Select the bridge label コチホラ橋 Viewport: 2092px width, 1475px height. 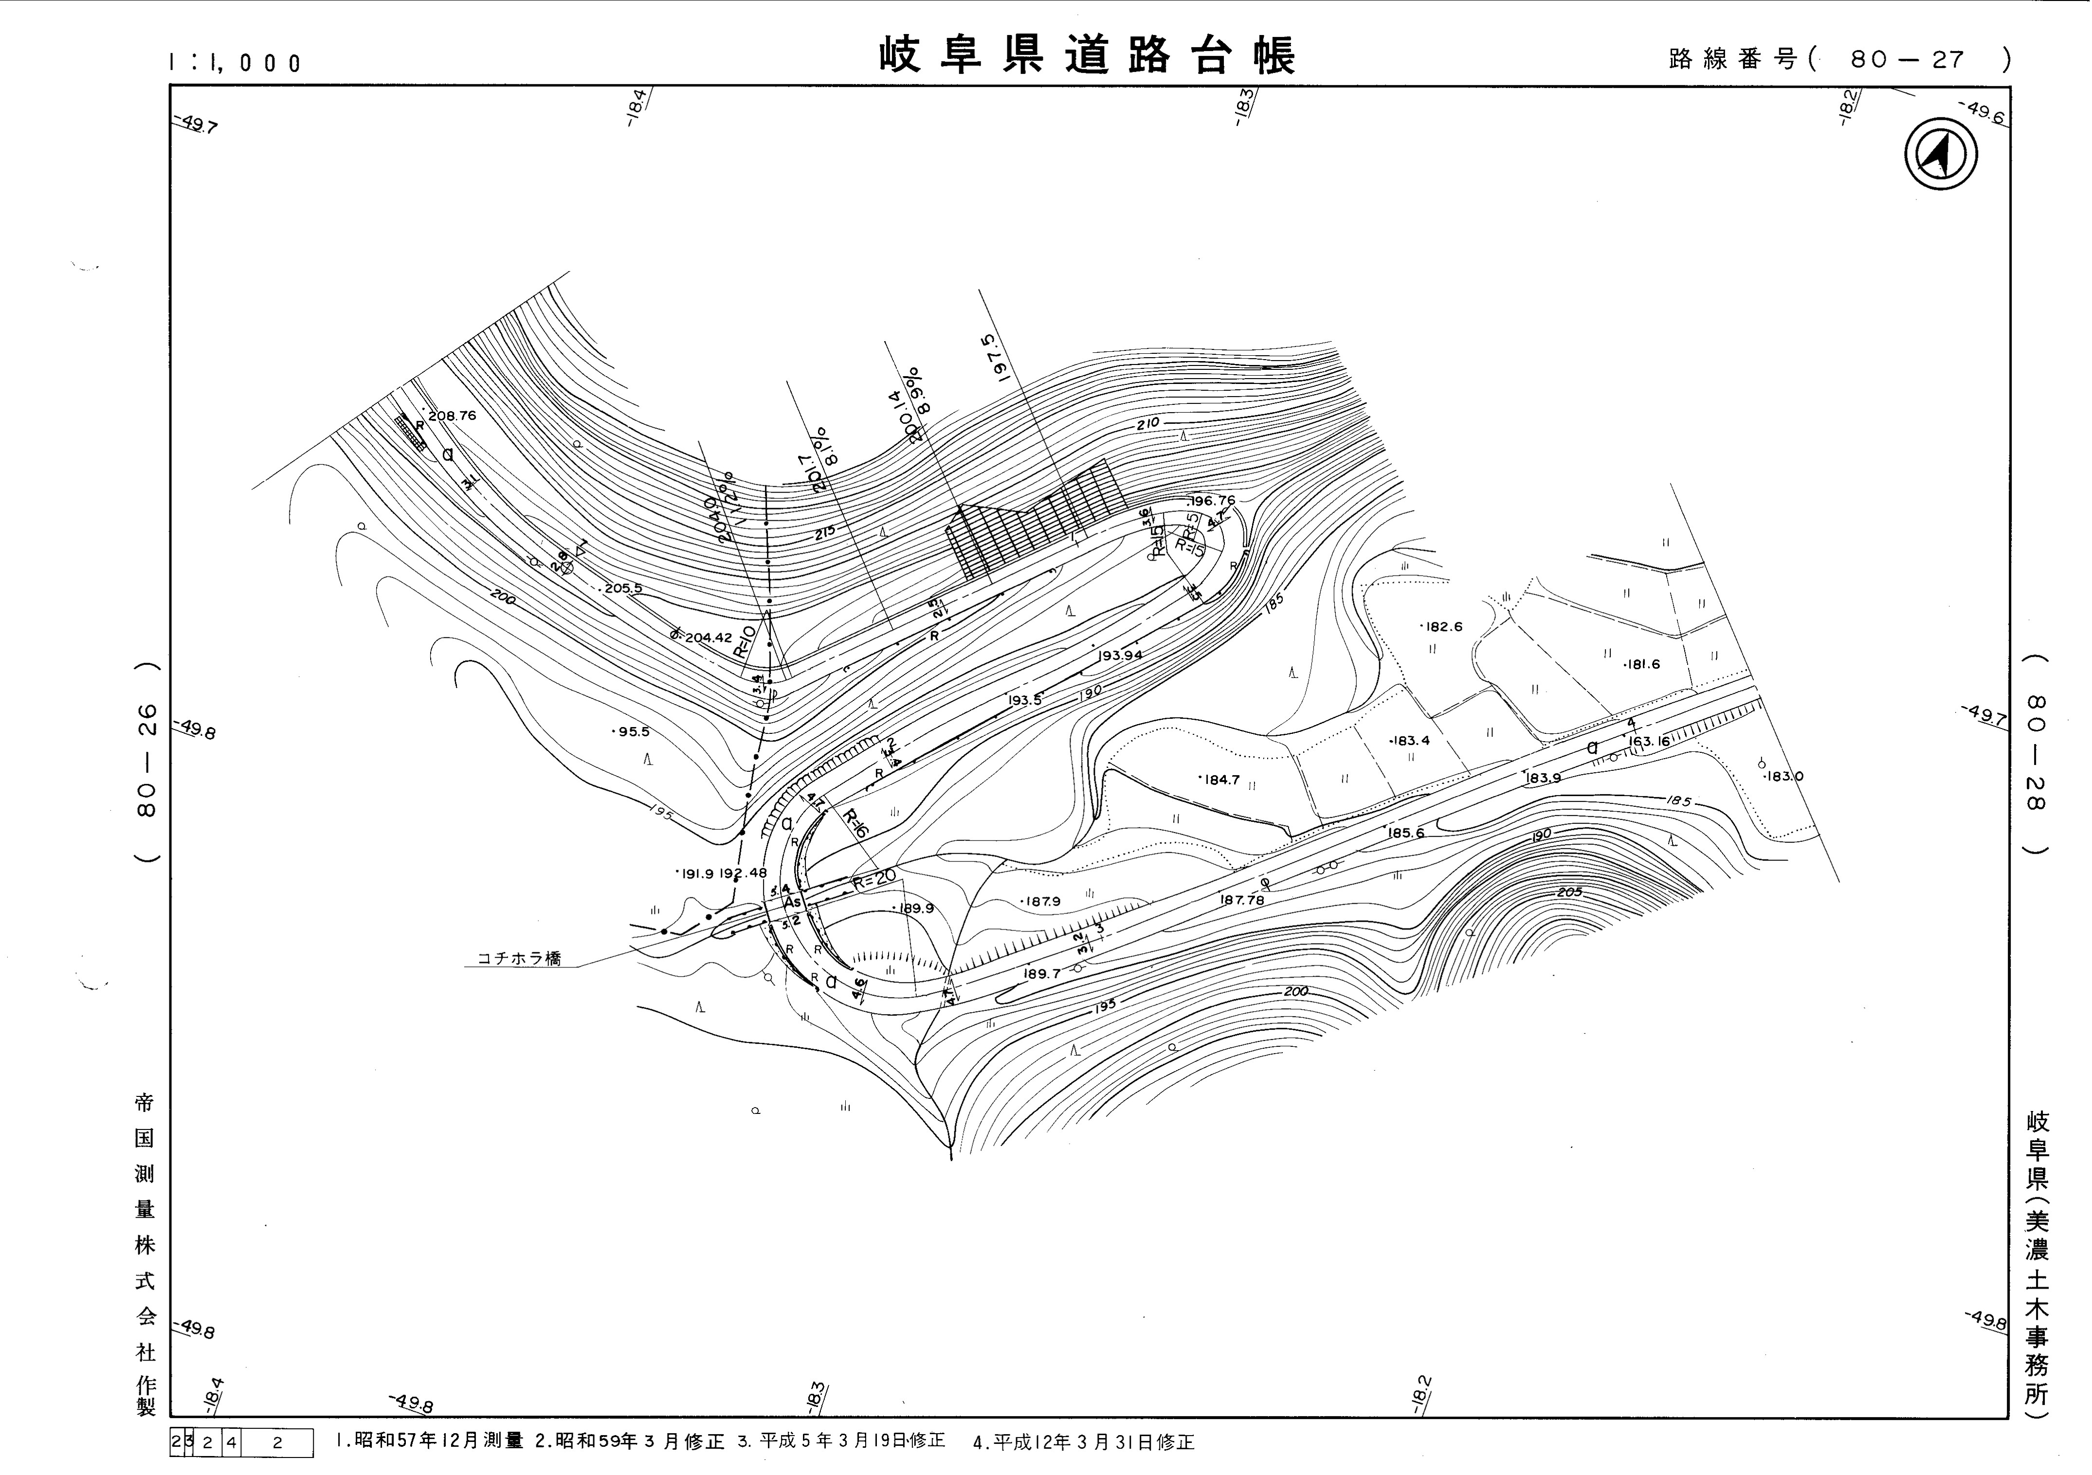[x=519, y=958]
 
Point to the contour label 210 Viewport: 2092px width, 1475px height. [x=1148, y=424]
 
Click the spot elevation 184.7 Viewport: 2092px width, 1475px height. [x=1221, y=780]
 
